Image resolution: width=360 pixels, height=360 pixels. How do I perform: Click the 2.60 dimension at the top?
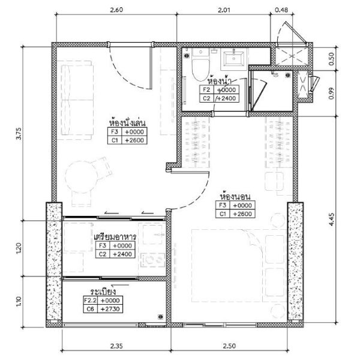116,10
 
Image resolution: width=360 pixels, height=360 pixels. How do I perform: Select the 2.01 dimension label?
224,10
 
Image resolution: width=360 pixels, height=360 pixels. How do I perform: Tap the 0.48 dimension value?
281,10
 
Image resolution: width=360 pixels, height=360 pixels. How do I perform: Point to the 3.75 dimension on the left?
19,133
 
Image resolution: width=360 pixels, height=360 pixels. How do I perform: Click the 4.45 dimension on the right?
331,220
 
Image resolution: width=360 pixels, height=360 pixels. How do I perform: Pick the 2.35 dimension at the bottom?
116,346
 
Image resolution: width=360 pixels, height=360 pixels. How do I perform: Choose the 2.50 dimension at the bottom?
229,346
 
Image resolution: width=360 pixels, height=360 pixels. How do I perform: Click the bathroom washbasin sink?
234,59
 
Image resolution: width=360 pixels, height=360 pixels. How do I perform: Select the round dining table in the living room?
81,177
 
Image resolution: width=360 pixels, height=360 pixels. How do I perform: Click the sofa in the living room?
77,100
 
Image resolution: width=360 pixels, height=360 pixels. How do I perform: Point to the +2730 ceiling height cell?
110,309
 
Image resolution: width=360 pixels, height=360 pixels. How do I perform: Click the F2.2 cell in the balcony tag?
91,301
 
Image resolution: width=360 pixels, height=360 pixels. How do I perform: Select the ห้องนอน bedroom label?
235,197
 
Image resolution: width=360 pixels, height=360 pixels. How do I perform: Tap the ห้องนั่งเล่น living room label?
127,122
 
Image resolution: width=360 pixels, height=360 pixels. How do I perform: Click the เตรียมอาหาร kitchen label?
115,236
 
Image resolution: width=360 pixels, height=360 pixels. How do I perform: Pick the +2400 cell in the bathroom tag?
226,98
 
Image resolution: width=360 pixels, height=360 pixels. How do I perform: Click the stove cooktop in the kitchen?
152,260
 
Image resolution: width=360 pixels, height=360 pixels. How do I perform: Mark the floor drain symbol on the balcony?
160,317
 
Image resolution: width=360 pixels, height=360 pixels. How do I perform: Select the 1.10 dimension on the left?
19,301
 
